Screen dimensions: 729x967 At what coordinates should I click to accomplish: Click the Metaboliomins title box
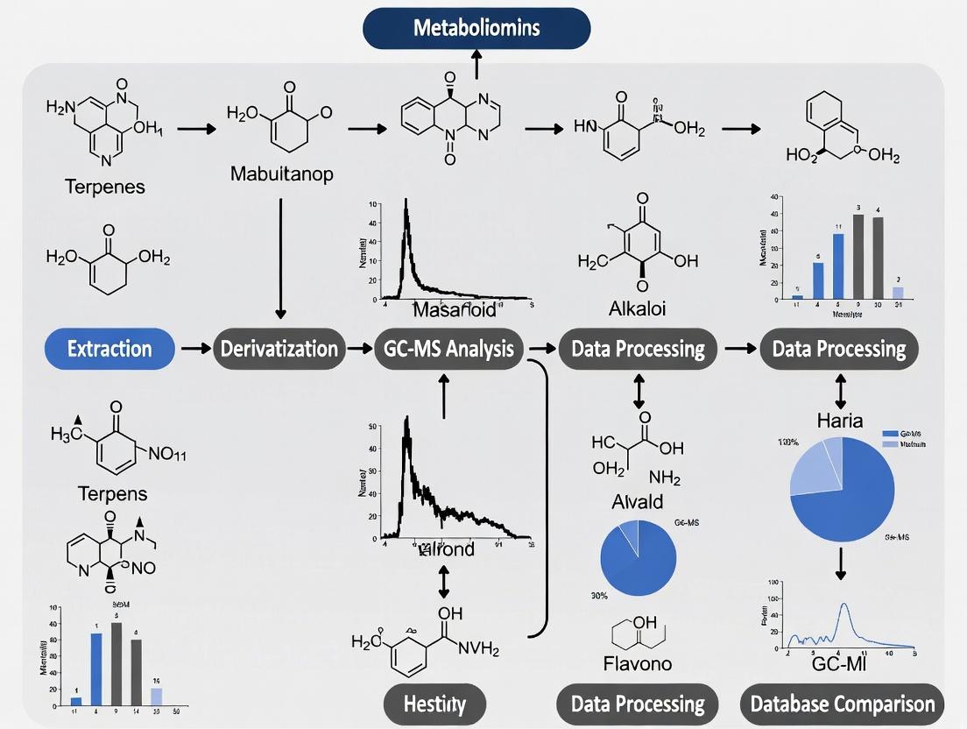point(476,27)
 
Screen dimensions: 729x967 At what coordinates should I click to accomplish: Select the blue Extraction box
point(109,349)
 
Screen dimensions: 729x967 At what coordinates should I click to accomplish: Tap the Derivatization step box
point(279,349)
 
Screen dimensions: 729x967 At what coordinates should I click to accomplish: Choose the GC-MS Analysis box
point(448,349)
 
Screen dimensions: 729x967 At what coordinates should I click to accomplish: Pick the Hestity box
point(434,704)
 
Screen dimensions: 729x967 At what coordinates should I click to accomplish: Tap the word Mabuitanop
point(281,174)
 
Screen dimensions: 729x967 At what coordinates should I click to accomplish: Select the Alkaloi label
point(639,308)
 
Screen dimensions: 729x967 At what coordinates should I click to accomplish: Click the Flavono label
point(639,663)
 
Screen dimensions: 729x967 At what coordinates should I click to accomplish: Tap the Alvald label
point(638,501)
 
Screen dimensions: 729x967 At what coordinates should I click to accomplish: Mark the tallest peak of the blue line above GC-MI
point(844,605)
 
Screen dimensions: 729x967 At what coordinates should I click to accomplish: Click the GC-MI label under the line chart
point(840,663)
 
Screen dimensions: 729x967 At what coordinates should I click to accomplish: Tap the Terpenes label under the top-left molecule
point(105,186)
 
